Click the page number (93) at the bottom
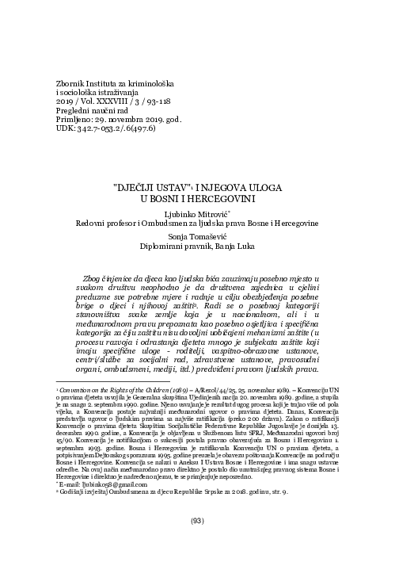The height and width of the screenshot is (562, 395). tap(197, 544)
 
